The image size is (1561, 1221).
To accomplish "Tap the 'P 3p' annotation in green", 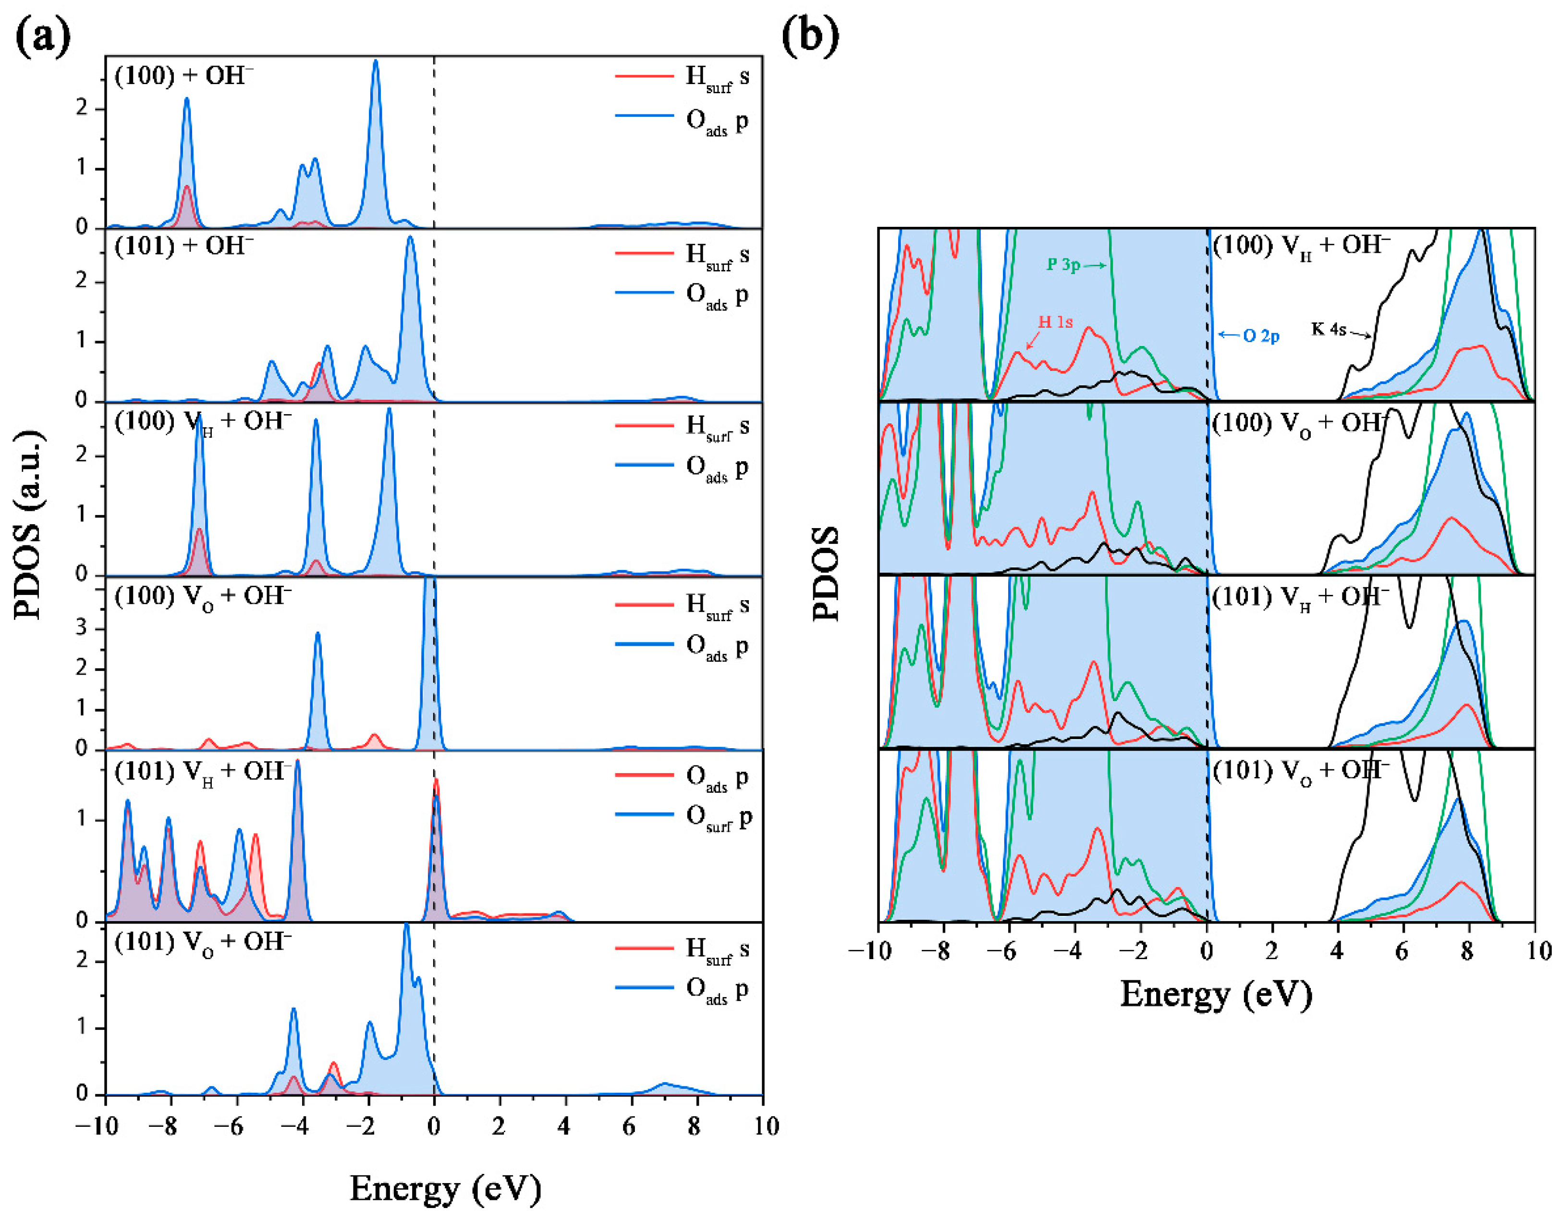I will pyautogui.click(x=1063, y=264).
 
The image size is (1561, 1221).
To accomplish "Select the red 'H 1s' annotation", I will pyautogui.click(x=1055, y=322).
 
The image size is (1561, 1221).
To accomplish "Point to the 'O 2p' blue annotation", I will pyautogui.click(x=1260, y=335).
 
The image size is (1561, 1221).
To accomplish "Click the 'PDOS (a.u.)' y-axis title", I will pyautogui.click(x=29, y=525).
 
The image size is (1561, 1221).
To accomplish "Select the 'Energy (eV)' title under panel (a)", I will pyautogui.click(x=445, y=1189).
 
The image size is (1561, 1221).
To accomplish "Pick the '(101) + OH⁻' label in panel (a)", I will pyautogui.click(x=183, y=247).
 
